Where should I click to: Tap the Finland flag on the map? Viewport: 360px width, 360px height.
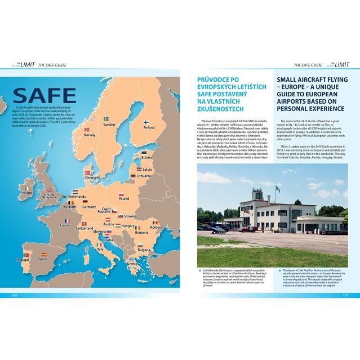point(145,121)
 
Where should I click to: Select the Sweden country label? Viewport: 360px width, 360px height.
point(109,125)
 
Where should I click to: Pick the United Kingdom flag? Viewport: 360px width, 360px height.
point(49,190)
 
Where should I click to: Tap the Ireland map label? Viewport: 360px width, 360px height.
point(26,193)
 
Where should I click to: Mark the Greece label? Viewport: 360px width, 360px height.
point(132,264)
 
